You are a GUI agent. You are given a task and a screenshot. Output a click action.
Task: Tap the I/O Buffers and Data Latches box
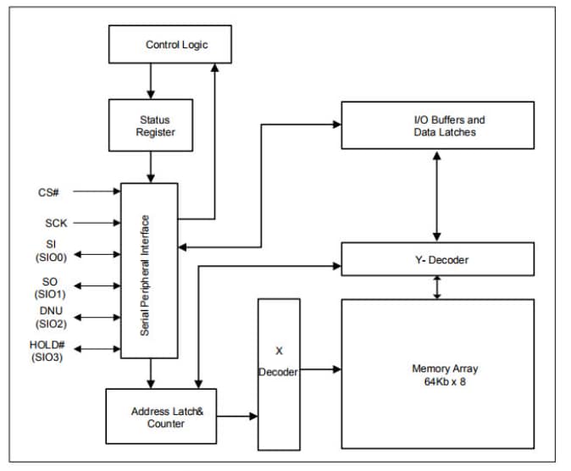437,125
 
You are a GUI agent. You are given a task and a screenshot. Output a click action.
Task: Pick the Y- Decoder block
437,259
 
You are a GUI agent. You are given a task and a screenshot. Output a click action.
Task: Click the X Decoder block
279,374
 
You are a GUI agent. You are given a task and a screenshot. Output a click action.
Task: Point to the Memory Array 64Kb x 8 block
437,374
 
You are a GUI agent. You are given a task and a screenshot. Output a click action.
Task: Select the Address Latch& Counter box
161,416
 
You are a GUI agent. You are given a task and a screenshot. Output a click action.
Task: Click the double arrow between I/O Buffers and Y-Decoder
437,196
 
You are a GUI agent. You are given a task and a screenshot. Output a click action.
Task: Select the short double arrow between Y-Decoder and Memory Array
437,287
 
